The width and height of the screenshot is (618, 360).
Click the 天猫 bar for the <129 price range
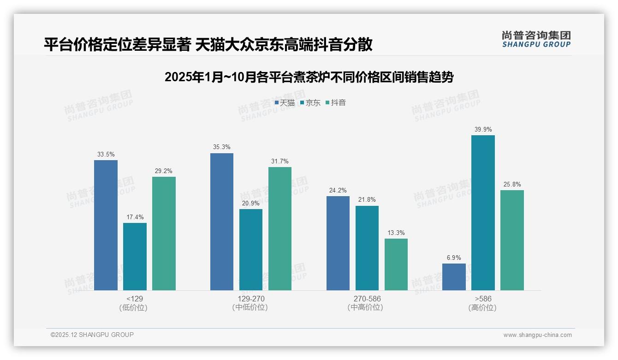(106, 225)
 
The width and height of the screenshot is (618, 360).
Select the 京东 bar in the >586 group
(483, 213)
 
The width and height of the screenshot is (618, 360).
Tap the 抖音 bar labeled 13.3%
(396, 264)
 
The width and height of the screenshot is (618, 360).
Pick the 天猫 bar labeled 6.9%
(454, 277)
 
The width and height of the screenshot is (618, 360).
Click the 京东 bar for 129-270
(250, 250)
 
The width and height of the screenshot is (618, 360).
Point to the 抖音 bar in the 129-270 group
(280, 228)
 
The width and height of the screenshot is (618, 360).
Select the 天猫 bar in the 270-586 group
(338, 243)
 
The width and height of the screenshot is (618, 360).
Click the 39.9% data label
(483, 130)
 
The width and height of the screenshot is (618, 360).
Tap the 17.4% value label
(135, 217)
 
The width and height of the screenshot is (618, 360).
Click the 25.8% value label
(512, 185)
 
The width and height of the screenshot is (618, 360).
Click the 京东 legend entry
(310, 103)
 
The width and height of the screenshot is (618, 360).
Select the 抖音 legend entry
(336, 103)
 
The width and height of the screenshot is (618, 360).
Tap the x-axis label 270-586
(367, 299)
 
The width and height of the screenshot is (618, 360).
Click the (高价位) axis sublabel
(482, 308)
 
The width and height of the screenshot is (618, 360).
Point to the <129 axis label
(135, 299)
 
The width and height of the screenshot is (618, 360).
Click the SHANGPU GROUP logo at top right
(536, 39)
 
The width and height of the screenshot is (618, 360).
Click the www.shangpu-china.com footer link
(537, 335)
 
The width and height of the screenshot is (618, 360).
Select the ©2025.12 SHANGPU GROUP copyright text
(92, 335)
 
